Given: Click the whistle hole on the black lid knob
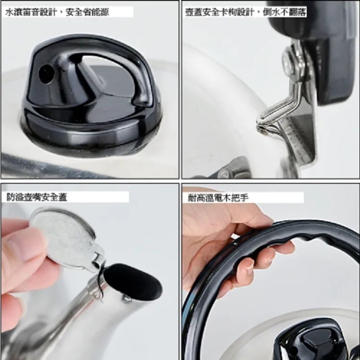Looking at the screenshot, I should (x=46, y=73).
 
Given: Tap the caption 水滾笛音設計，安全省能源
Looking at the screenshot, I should (x=57, y=12).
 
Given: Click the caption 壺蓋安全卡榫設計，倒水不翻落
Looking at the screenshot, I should (x=246, y=12).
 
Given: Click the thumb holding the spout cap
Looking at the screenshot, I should (x=22, y=248).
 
